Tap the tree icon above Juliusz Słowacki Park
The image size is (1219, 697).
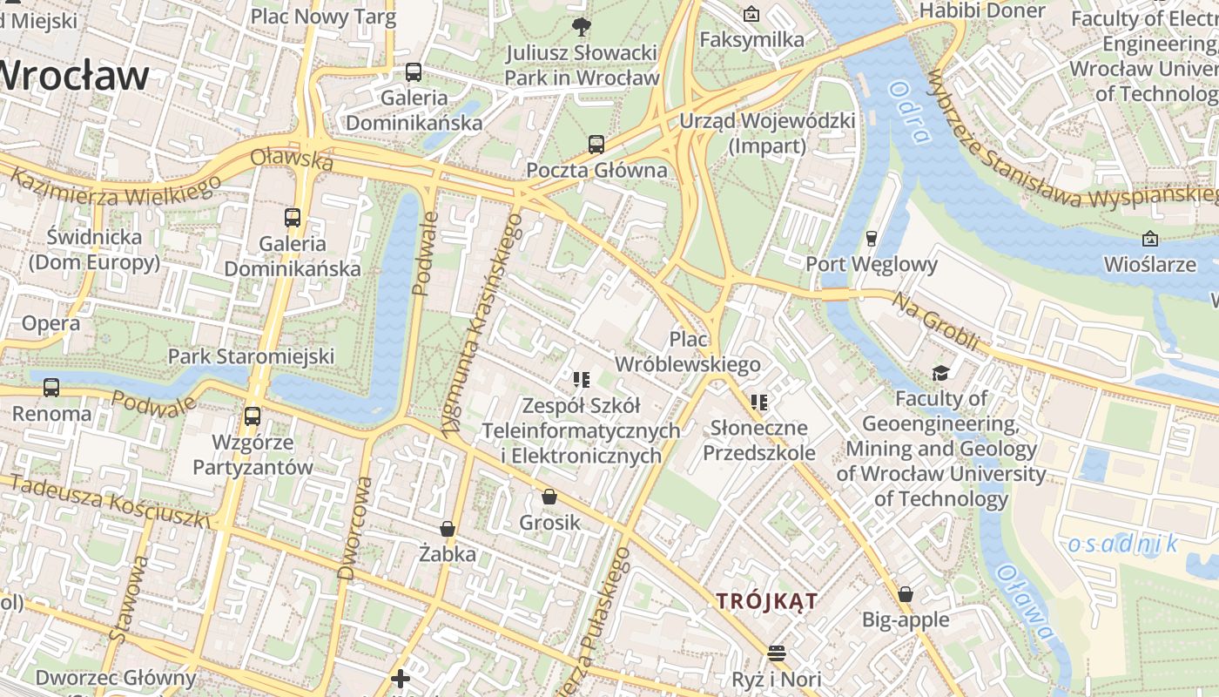(581, 26)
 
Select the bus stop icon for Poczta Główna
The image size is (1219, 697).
(596, 144)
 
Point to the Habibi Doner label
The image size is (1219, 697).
(981, 10)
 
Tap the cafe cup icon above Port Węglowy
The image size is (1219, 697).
(871, 238)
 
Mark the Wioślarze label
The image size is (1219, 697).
(1149, 263)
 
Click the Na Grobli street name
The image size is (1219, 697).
(937, 321)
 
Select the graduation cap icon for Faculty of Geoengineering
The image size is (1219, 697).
(940, 373)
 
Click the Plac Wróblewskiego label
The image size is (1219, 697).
(688, 351)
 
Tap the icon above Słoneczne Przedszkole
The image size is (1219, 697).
(759, 402)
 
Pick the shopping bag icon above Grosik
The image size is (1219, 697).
(549, 497)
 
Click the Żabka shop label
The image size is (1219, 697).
(448, 553)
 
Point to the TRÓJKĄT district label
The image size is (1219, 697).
(766, 600)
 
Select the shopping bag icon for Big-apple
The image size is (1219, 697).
(906, 594)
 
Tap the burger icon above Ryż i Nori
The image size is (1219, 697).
(777, 653)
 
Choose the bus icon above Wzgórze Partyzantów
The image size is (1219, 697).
(253, 416)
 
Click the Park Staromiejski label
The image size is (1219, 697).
(251, 355)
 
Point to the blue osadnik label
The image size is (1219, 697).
(1122, 545)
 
